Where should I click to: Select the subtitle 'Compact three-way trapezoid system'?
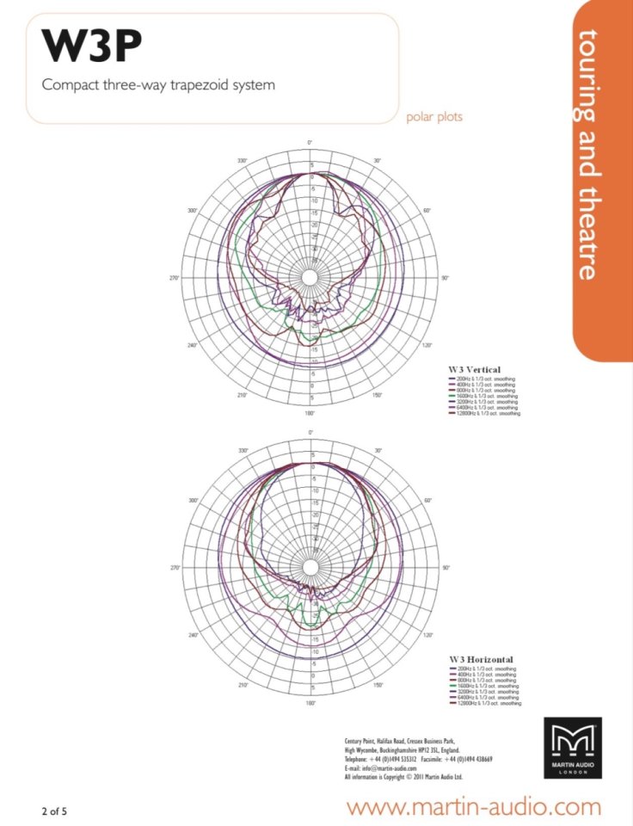click(x=158, y=85)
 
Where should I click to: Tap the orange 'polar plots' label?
click(x=434, y=117)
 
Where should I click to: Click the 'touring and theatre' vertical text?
click(x=587, y=155)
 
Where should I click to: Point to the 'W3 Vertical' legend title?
click(x=474, y=369)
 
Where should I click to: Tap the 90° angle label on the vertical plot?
click(x=446, y=278)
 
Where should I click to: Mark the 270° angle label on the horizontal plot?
click(x=174, y=568)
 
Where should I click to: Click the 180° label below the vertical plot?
click(x=310, y=413)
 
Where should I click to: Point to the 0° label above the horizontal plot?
click(x=310, y=432)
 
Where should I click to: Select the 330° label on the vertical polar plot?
click(x=243, y=161)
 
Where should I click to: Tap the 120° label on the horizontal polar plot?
click(x=427, y=636)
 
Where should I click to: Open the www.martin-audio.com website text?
click(x=474, y=807)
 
